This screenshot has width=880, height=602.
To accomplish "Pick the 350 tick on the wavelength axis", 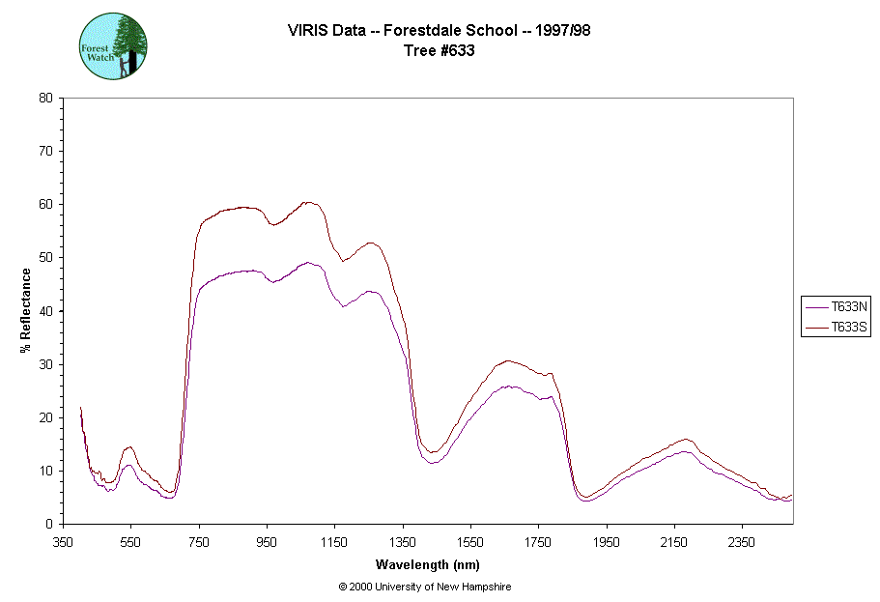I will point(63,541).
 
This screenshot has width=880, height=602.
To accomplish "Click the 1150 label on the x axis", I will point(334,541).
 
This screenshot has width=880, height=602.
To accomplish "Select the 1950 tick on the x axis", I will point(606,541).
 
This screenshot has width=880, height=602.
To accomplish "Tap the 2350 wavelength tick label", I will point(742,541).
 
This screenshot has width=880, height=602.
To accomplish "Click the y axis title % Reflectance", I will point(26,310).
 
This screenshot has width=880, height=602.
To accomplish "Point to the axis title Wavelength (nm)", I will point(427,564).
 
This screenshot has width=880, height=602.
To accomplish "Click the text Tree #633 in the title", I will point(439,51).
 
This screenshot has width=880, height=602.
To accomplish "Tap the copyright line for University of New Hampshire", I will point(425,587).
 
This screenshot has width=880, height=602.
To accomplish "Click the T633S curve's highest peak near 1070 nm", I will point(308,202).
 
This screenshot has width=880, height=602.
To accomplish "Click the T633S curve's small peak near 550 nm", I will point(129,446).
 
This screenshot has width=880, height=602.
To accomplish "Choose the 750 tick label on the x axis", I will point(199,541).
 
